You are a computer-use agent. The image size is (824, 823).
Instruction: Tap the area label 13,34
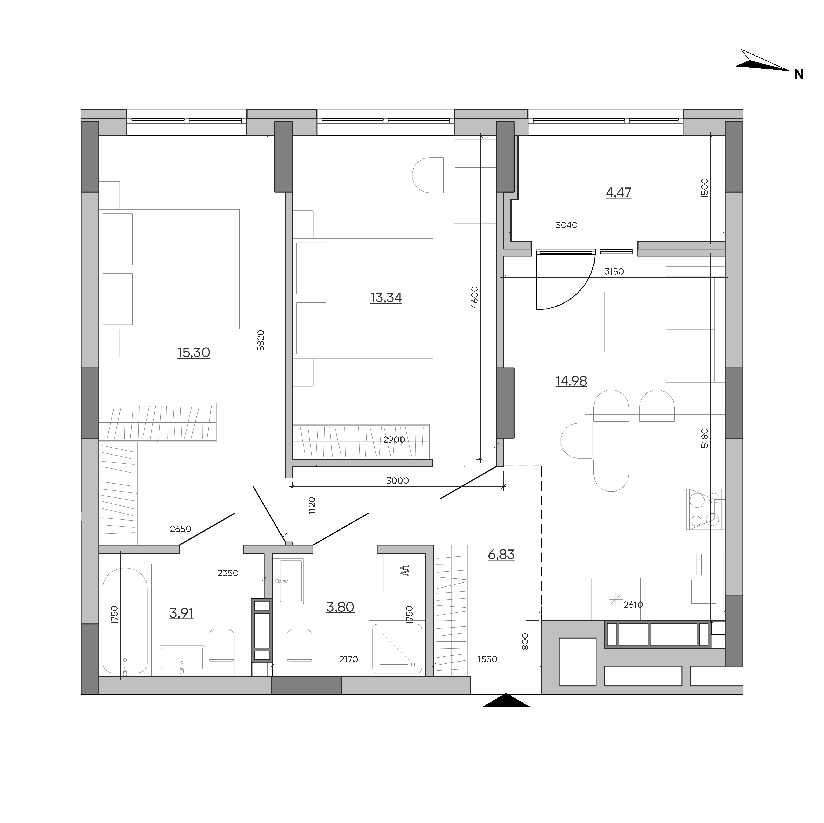386,297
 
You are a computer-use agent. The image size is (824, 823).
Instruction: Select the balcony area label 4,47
618,193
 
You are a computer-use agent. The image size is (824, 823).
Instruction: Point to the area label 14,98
571,381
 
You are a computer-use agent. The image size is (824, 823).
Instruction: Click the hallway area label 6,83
501,555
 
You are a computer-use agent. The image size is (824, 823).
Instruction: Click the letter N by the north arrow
799,75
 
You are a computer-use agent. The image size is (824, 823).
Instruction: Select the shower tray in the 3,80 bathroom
397,648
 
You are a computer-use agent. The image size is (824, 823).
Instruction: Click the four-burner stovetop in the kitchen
705,509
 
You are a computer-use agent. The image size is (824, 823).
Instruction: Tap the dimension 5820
261,340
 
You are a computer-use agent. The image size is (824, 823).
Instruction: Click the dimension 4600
475,297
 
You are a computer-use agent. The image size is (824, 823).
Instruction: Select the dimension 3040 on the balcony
566,225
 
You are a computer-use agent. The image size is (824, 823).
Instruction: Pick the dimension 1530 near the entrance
487,659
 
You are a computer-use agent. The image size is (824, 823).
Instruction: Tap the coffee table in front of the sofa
624,322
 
